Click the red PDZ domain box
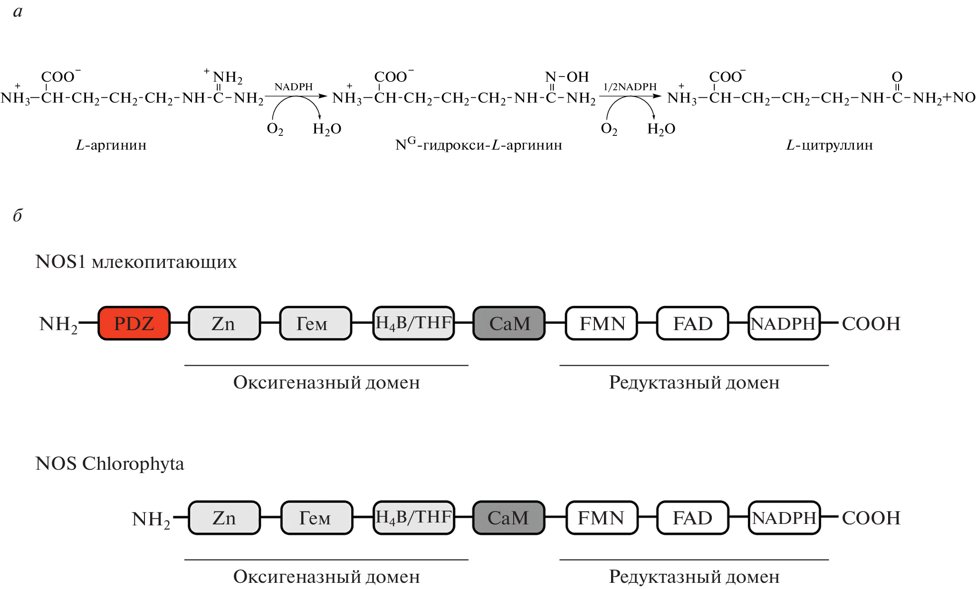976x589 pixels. click(x=134, y=323)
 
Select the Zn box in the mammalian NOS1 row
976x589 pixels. click(x=224, y=323)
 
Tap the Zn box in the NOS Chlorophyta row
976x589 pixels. click(x=224, y=518)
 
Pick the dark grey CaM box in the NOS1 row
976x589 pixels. click(x=509, y=323)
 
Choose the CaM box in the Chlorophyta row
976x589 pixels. click(x=508, y=518)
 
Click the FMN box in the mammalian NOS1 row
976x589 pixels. click(x=602, y=323)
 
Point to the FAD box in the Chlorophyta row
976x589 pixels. click(x=692, y=518)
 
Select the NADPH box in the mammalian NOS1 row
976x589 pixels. click(x=784, y=323)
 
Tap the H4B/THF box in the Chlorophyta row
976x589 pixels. click(x=413, y=518)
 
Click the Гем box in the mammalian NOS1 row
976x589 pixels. click(x=315, y=323)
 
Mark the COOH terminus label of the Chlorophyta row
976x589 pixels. click(x=871, y=518)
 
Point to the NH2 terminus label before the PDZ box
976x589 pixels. click(x=58, y=325)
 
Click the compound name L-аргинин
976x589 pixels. click(x=111, y=145)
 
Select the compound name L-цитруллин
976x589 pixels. click(x=829, y=145)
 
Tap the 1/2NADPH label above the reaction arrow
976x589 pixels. click(x=630, y=87)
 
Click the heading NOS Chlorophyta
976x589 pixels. click(x=109, y=464)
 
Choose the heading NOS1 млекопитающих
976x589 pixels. click(x=136, y=262)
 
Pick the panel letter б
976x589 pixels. click(x=18, y=215)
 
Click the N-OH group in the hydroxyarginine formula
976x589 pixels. click(x=567, y=77)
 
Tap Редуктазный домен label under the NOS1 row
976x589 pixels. click(x=694, y=382)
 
